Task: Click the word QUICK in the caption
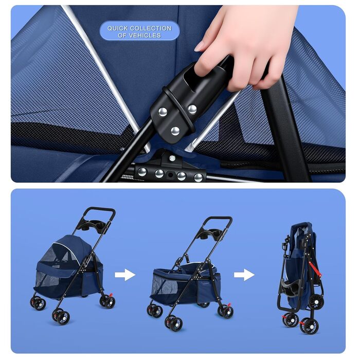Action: [x=118, y=28]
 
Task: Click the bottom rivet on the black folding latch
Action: [x=175, y=131]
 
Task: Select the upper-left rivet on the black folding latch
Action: [x=163, y=112]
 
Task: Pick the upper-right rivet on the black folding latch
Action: [x=192, y=109]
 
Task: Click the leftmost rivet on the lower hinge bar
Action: [x=142, y=172]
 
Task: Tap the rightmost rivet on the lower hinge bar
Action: [x=198, y=177]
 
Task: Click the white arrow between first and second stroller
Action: [x=125, y=275]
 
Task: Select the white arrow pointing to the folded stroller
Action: [x=244, y=275]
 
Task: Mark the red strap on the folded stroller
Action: [x=315, y=269]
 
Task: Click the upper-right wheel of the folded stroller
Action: [x=316, y=301]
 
